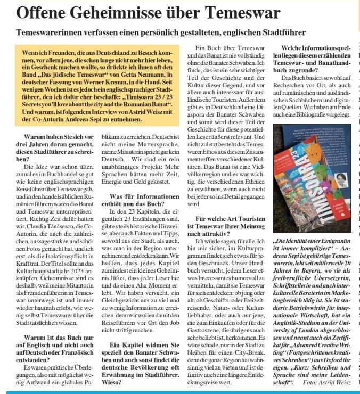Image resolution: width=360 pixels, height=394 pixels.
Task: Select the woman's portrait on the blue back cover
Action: point(341,179)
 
